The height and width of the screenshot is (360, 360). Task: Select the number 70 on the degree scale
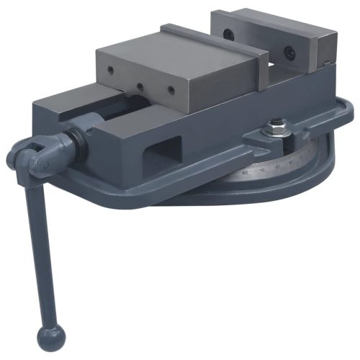pyautogui.click(x=262, y=168)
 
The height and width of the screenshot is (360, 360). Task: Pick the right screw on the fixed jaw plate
pyautogui.click(x=289, y=53)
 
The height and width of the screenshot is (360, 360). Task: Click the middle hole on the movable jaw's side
pyautogui.click(x=140, y=82)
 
